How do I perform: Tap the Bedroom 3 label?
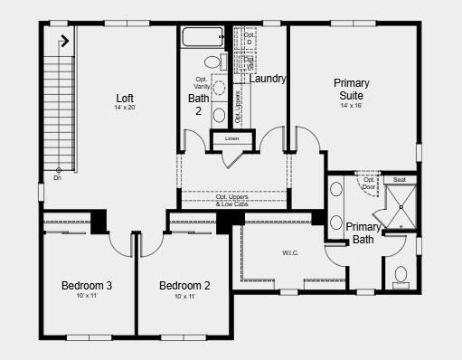pos(87,286)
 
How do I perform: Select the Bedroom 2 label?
pos(184,286)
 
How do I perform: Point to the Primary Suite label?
pos(351,89)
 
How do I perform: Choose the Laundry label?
pos(268,79)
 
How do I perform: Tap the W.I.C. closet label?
pos(290,252)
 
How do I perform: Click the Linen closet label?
pos(231,138)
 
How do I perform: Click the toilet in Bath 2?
pos(213,62)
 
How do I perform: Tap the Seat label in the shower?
pos(400,179)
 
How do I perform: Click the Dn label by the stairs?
pos(58,177)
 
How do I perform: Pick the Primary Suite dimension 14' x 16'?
pos(351,105)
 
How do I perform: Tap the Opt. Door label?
pos(370,183)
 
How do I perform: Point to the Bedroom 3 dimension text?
pos(87,296)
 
